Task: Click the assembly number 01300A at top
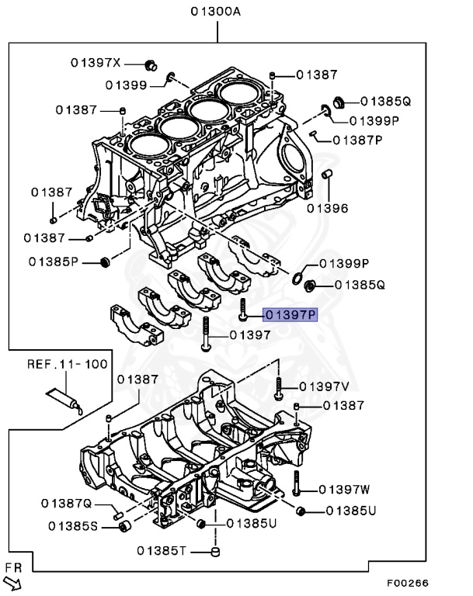pyautogui.click(x=216, y=11)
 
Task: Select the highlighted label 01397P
pyautogui.click(x=290, y=315)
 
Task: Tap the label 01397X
pyautogui.click(x=96, y=62)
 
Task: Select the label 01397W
pyautogui.click(x=344, y=489)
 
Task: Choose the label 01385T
pyautogui.click(x=162, y=551)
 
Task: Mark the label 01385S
pyautogui.click(x=73, y=527)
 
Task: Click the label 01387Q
pyautogui.click(x=68, y=504)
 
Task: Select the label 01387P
pyautogui.click(x=358, y=140)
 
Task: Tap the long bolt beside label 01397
pyautogui.click(x=206, y=334)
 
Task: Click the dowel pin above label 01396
pyautogui.click(x=327, y=172)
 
